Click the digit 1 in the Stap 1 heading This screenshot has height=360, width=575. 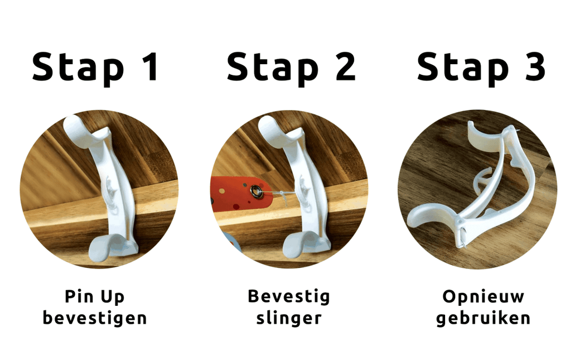click(x=148, y=67)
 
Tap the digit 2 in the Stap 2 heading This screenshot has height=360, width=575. click(x=342, y=67)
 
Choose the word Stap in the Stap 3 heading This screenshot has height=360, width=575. click(x=462, y=68)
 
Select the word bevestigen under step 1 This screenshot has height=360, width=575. click(x=95, y=319)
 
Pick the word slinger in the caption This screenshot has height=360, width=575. click(x=289, y=318)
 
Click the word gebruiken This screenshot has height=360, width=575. click(x=483, y=319)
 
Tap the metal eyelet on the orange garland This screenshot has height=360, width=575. click(x=256, y=193)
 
